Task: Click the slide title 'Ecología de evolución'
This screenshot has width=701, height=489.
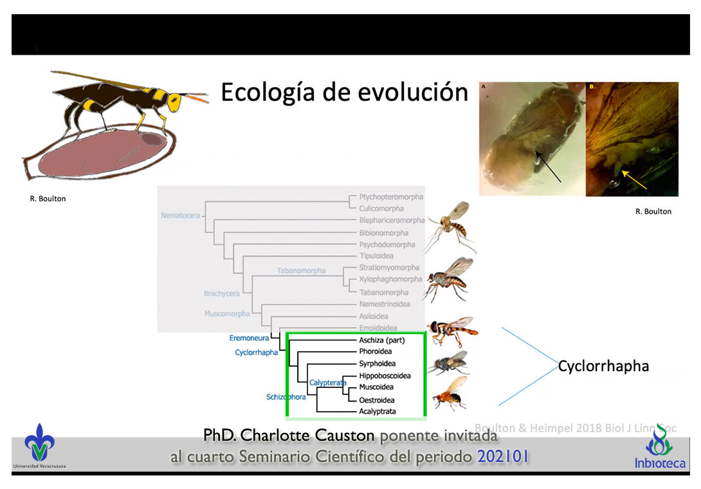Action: (344, 93)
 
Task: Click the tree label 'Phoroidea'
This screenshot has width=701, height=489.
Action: (376, 351)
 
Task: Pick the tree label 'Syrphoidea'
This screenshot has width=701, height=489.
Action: (377, 364)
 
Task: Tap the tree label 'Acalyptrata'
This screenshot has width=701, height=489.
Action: (377, 411)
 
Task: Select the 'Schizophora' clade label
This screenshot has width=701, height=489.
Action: (286, 397)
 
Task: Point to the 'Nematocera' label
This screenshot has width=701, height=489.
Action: (180, 215)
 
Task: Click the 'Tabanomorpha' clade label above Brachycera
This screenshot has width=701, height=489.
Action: (301, 270)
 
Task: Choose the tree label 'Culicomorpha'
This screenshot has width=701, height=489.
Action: (382, 208)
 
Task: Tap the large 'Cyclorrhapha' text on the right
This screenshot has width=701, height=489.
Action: (603, 367)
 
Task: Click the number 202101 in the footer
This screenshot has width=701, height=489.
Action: (503, 457)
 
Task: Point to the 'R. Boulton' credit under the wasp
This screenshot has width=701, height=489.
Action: (48, 199)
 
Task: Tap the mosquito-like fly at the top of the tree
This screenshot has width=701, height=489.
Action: (450, 223)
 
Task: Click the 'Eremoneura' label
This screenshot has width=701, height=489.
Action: (249, 338)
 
